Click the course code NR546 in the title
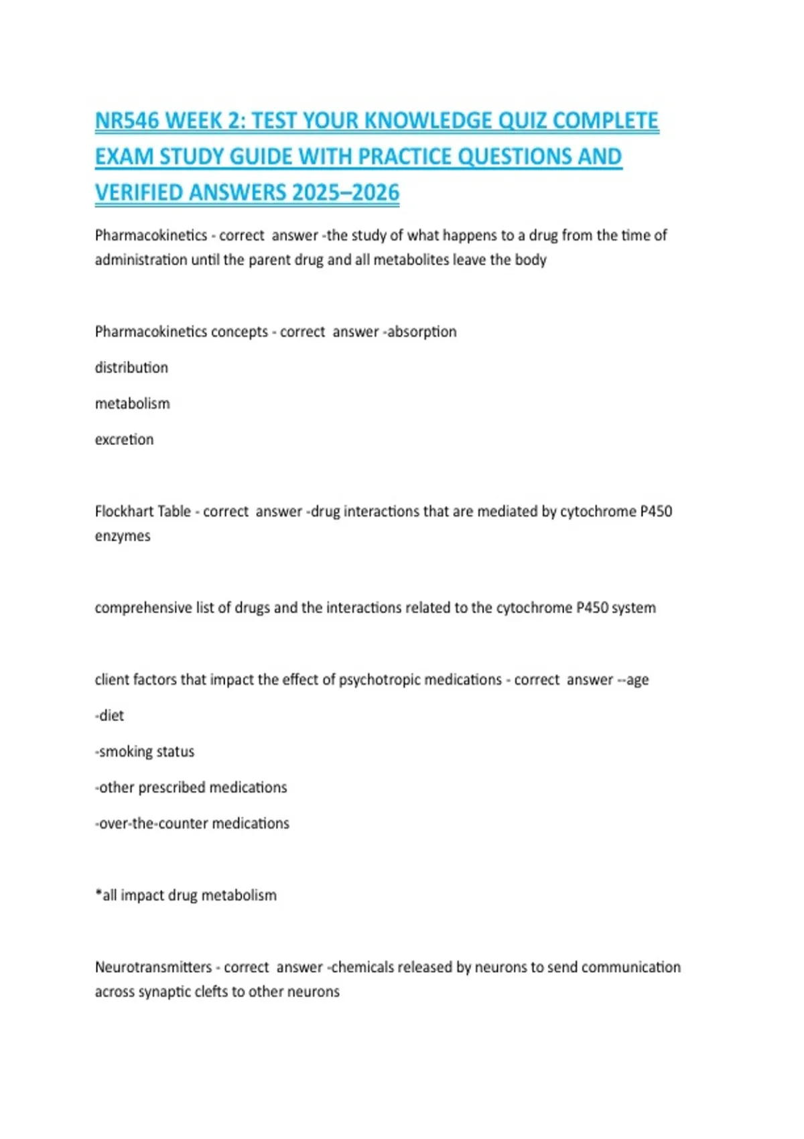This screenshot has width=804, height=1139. (127, 121)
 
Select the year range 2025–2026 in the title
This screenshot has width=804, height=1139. (346, 193)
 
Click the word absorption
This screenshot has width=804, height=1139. (422, 332)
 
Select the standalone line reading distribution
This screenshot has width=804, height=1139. (131, 368)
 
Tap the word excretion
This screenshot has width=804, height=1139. (124, 440)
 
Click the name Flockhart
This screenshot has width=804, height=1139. (124, 511)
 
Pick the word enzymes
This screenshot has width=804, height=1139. (123, 536)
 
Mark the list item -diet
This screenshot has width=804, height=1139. (109, 716)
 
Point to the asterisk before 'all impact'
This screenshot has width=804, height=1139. (98, 893)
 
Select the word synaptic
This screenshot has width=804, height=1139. (167, 992)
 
